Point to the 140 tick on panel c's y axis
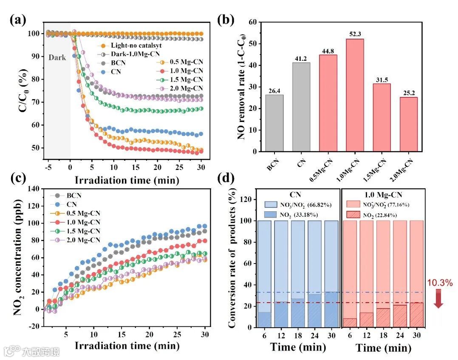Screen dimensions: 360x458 click(x=33, y=188)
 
